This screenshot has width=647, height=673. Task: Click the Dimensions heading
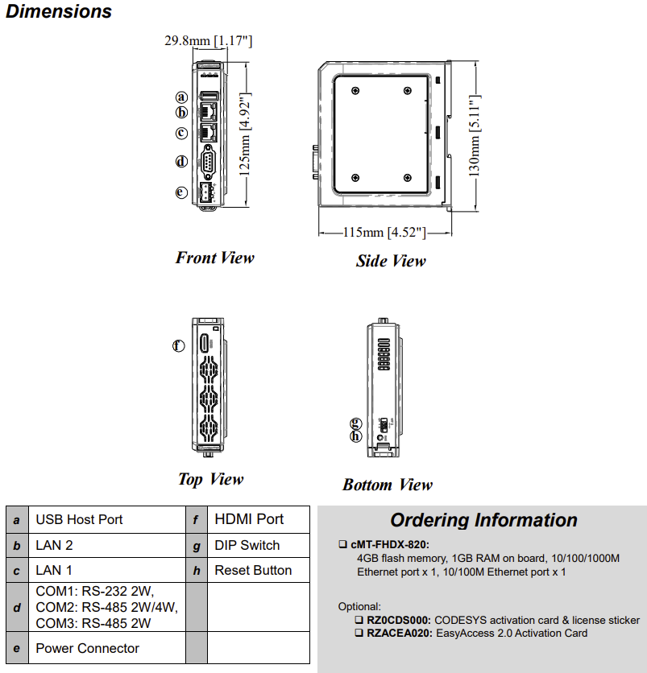click(x=59, y=12)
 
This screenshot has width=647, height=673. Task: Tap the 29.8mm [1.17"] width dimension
click(x=209, y=40)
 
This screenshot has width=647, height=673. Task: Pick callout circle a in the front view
click(x=182, y=97)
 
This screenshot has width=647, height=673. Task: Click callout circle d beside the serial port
click(x=182, y=161)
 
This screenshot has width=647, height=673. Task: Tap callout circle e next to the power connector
click(x=182, y=192)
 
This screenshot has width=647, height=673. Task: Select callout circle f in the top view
click(x=179, y=345)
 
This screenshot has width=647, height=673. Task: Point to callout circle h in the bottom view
click(x=356, y=436)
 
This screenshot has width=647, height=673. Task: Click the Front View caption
click(x=214, y=258)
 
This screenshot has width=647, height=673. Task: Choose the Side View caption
click(x=391, y=260)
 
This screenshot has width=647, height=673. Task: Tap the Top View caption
click(x=210, y=479)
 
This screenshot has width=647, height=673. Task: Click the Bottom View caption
click(x=387, y=485)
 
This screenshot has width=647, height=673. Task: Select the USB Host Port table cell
click(x=79, y=519)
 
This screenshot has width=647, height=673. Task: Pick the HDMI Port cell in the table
click(x=249, y=519)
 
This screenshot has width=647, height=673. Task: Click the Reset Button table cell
click(x=253, y=570)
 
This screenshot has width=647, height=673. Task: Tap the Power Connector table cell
click(x=87, y=648)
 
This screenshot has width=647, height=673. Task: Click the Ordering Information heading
click(x=483, y=520)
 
